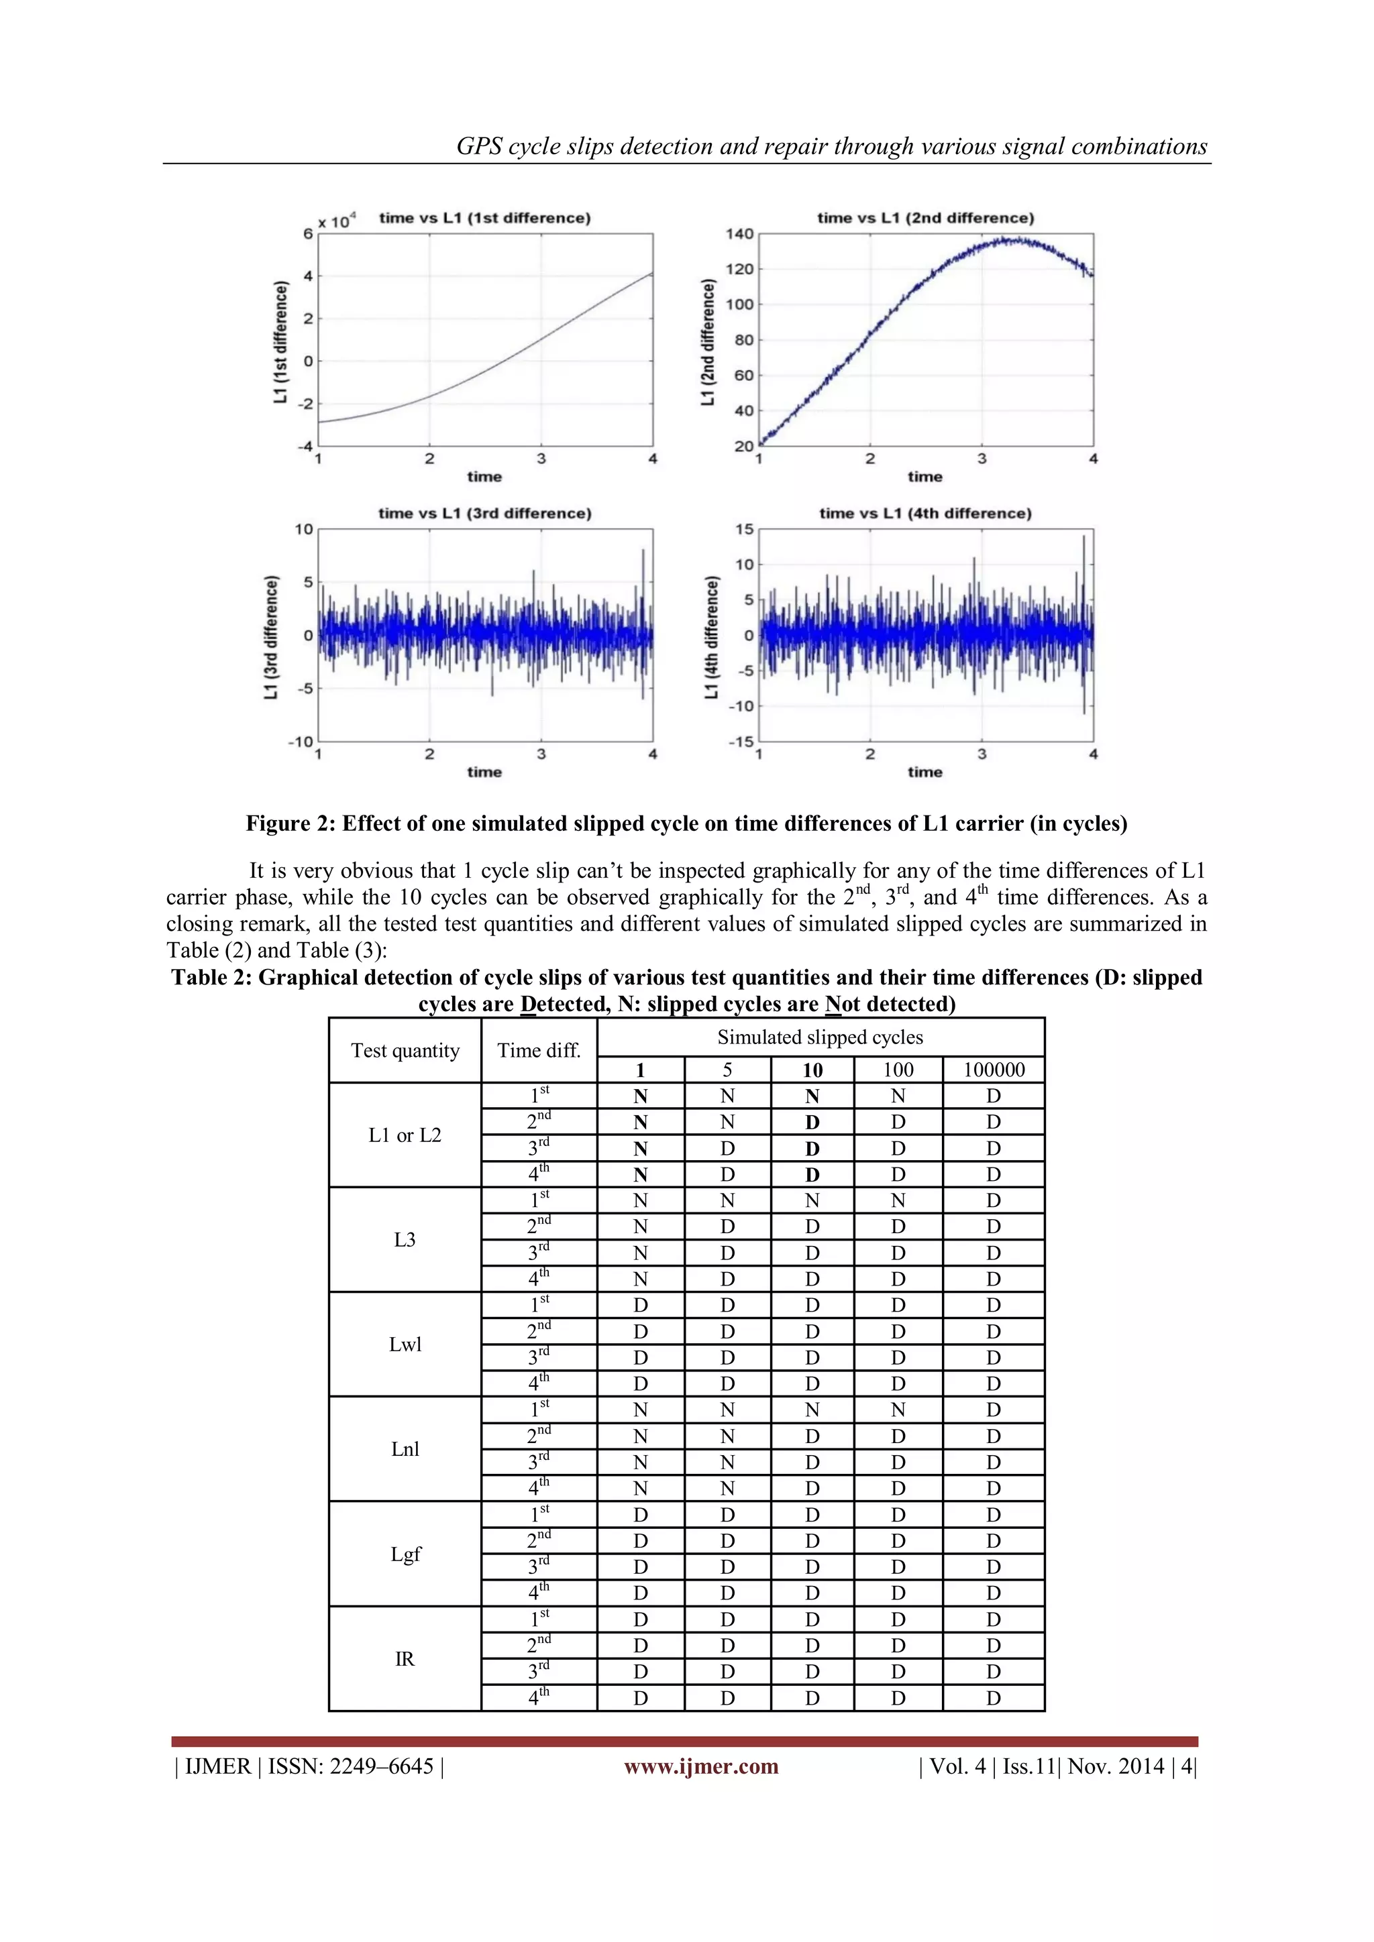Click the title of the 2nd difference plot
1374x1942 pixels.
pyautogui.click(x=924, y=218)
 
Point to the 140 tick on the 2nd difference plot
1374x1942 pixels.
pyautogui.click(x=739, y=234)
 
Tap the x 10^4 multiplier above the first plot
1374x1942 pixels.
pyautogui.click(x=337, y=221)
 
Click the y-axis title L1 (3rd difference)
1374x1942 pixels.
pyautogui.click(x=271, y=637)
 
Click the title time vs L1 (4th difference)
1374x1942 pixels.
pyautogui.click(x=924, y=514)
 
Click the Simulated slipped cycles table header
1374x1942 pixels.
pyautogui.click(x=820, y=1038)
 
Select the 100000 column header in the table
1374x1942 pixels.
pyautogui.click(x=994, y=1070)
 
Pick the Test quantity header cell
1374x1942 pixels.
pyautogui.click(x=405, y=1051)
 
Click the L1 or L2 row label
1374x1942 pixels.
pyautogui.click(x=405, y=1135)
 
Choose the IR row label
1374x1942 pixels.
pyautogui.click(x=405, y=1658)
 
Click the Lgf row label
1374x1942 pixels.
pyautogui.click(x=405, y=1554)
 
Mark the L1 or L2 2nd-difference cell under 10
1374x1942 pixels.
pyautogui.click(x=812, y=1123)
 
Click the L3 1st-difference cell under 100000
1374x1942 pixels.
pyautogui.click(x=994, y=1201)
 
